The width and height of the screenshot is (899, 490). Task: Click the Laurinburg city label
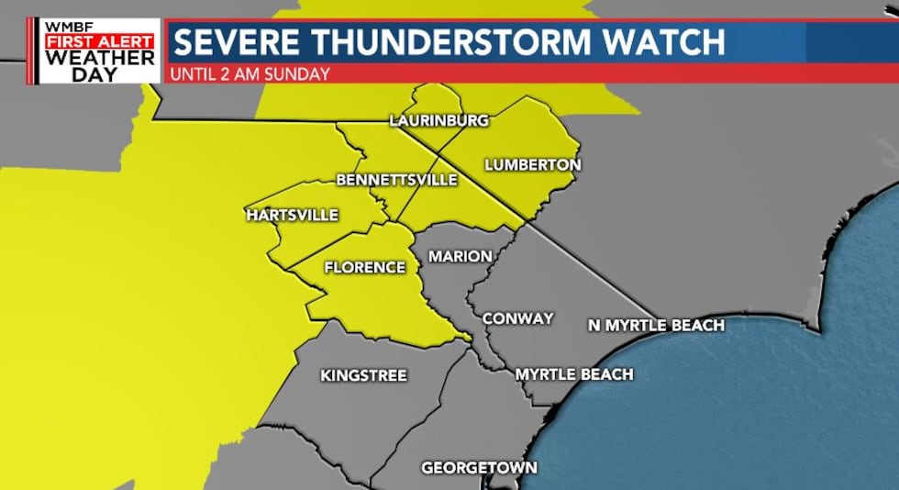click(438, 120)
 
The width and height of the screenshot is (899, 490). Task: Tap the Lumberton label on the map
click(532, 165)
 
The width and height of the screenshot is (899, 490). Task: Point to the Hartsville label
click(293, 216)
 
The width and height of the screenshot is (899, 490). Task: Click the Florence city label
click(364, 268)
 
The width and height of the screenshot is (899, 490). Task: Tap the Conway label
click(517, 318)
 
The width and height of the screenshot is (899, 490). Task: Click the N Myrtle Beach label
click(656, 325)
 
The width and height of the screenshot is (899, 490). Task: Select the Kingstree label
click(363, 375)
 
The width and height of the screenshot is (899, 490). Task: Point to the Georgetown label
click(479, 468)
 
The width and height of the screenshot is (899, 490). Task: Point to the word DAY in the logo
click(99, 73)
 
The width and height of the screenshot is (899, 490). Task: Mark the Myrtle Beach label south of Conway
click(574, 374)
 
